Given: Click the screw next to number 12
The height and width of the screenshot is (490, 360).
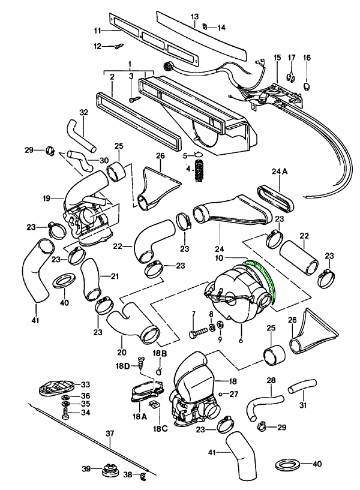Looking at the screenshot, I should click(x=117, y=46).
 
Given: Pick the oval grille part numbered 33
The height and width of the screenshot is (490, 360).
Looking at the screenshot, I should click(x=55, y=387).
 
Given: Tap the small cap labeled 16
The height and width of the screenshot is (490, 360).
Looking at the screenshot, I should click(x=307, y=85).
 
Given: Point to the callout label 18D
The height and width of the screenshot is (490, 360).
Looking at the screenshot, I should click(x=124, y=365).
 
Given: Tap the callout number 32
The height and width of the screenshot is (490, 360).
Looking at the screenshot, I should click(x=83, y=112).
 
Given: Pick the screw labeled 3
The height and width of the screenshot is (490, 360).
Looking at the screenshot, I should click(x=132, y=96).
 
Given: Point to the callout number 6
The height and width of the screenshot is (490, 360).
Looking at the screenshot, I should click(x=242, y=341).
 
